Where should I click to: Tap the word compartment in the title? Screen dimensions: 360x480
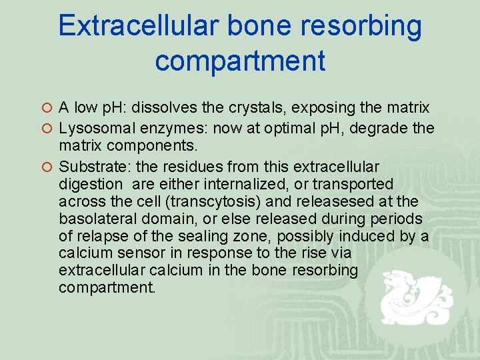(x=240, y=61)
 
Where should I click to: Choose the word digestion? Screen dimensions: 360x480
(x=91, y=183)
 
